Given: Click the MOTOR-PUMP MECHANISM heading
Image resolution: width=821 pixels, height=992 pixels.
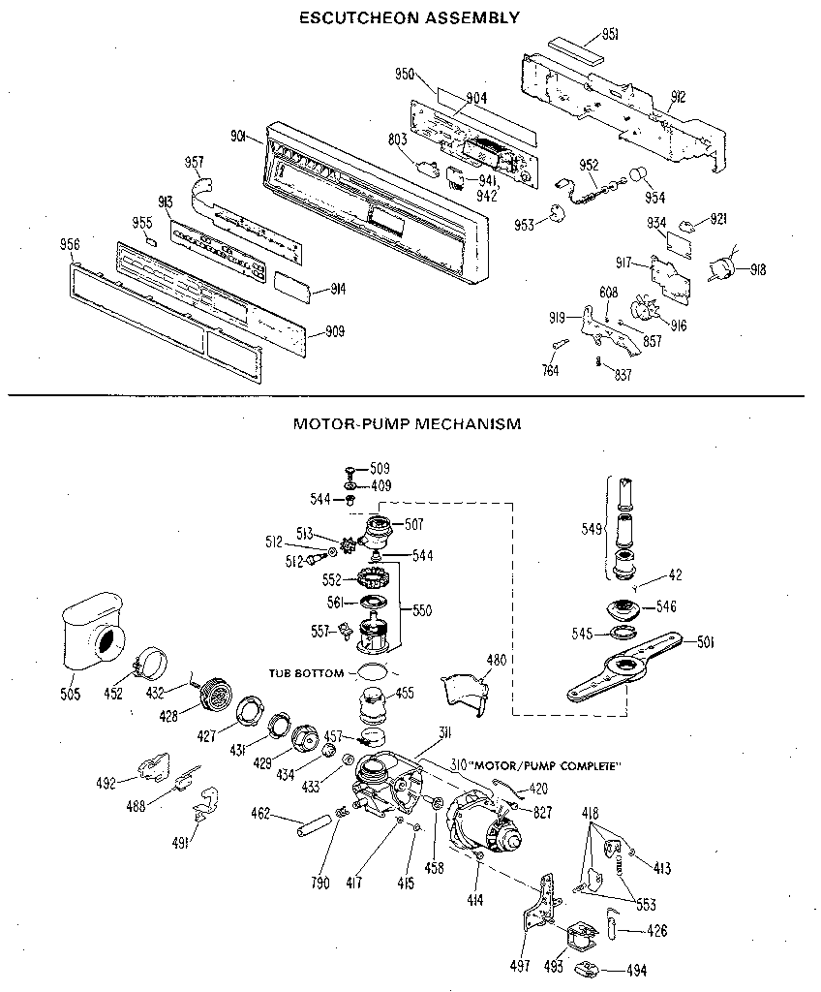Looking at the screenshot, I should click(x=407, y=423).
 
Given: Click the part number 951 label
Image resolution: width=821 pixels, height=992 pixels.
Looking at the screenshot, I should click(x=610, y=35).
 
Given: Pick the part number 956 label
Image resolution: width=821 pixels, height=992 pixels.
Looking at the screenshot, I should click(x=71, y=244).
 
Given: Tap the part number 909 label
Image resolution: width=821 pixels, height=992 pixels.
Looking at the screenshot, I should click(x=334, y=332).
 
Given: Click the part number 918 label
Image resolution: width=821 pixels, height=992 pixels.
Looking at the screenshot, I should click(x=756, y=270).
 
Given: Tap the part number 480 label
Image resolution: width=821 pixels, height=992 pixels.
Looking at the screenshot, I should click(x=497, y=661).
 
